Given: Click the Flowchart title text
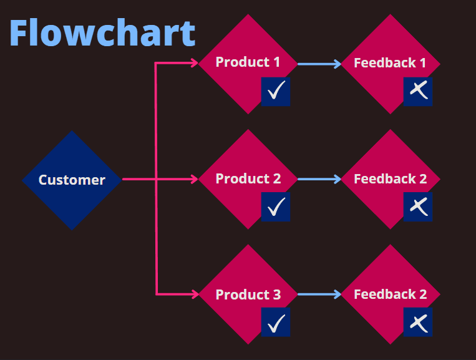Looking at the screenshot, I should coord(102,33).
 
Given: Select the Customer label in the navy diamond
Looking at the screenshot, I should coord(72,180).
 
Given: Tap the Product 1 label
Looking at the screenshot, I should coord(248,62).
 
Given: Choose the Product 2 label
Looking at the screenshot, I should coord(248,179).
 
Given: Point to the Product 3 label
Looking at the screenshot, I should coord(248,294).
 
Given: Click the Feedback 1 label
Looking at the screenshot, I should coord(390,63).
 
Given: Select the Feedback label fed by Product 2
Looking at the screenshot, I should coord(390,179).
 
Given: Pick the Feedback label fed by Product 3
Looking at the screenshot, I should coord(390,294).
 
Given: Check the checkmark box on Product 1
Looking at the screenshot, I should coord(276,92).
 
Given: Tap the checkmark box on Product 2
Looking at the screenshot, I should coord(276,207).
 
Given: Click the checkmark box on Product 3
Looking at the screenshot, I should coord(276,323).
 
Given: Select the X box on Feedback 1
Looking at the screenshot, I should coord(418,92).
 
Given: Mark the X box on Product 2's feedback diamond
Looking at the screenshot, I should coord(418,207).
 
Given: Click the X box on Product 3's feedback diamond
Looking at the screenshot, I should coord(418,323).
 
